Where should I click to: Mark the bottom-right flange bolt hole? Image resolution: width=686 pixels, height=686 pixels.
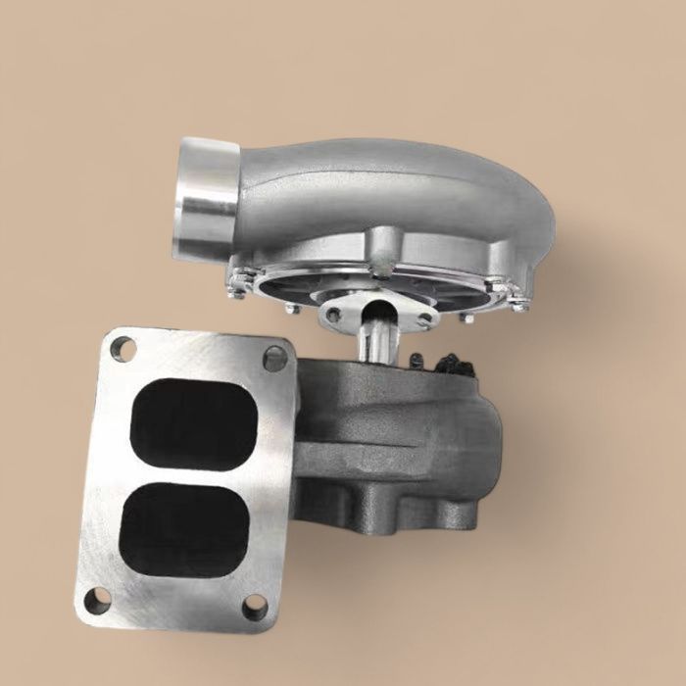click(x=255, y=607)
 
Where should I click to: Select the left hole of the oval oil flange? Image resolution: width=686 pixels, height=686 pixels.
click(x=334, y=315)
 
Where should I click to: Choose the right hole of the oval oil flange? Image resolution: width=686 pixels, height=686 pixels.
click(x=423, y=318)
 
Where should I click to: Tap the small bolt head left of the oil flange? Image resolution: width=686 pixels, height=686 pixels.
click(x=291, y=308)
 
